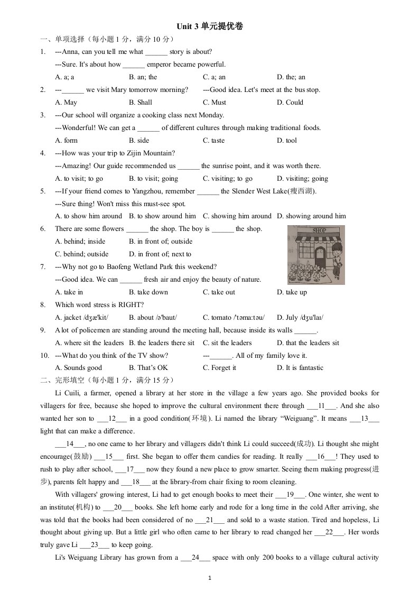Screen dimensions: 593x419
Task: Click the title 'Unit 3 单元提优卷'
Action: [x=209, y=26]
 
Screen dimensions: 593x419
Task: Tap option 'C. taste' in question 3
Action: [x=213, y=141]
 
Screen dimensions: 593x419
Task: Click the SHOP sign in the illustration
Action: [x=320, y=230]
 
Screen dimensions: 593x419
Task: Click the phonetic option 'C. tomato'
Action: [x=234, y=318]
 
